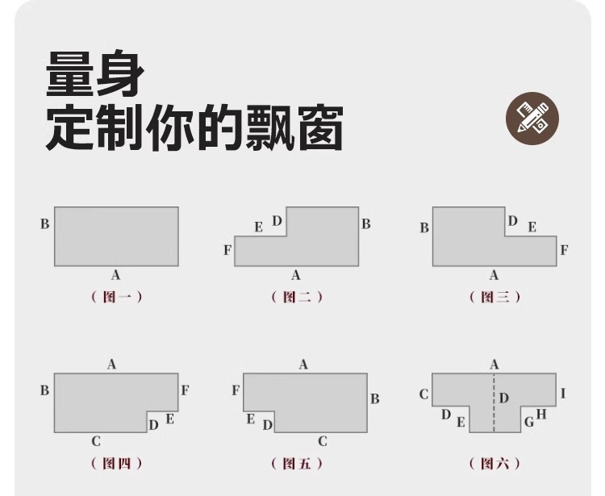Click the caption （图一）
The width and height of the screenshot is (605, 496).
117,297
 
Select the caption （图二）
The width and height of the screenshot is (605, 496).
297,297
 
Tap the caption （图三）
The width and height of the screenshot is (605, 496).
494,297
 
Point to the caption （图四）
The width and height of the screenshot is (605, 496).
117,464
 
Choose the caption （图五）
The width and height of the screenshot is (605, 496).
297,464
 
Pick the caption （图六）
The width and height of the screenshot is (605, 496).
494,464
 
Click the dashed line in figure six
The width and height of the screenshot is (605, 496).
494,411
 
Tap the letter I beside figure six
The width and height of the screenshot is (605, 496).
563,394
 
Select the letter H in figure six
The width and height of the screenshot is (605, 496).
541,415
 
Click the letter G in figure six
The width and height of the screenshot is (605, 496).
529,422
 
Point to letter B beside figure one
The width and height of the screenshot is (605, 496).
45,224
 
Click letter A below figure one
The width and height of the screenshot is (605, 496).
115,276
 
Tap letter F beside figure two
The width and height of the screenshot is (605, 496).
227,251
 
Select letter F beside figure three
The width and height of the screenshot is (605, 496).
564,250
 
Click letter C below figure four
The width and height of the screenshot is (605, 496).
96,441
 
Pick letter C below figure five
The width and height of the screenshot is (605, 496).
322,441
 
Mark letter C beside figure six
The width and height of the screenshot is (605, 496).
423,394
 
